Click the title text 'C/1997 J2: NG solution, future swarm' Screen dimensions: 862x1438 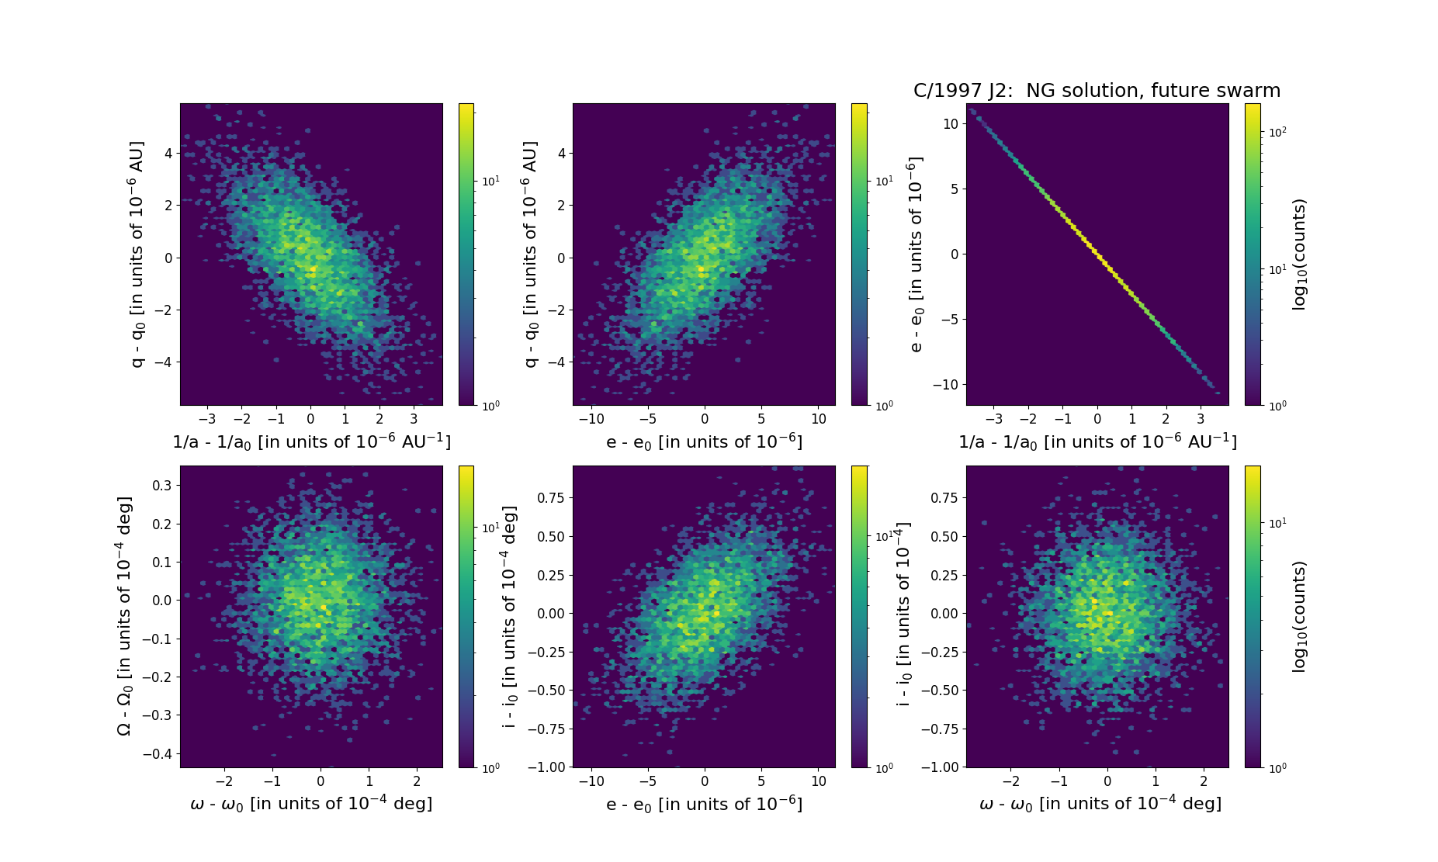(1097, 91)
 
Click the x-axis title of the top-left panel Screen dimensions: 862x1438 (311, 441)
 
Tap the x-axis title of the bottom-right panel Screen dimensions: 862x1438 (1100, 804)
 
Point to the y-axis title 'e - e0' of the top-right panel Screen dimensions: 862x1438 (917, 254)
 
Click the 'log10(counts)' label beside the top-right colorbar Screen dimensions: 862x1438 (1299, 254)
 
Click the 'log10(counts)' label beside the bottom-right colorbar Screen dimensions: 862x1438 (1299, 617)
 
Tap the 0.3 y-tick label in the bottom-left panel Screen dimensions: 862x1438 (161, 486)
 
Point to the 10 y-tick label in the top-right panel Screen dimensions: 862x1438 (951, 124)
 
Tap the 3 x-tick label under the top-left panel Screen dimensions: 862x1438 (414, 419)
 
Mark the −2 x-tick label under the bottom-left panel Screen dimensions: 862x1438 (223, 781)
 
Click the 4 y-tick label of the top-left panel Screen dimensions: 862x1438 (168, 154)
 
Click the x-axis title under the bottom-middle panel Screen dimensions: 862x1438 (704, 804)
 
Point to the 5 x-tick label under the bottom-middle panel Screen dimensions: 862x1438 (761, 781)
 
